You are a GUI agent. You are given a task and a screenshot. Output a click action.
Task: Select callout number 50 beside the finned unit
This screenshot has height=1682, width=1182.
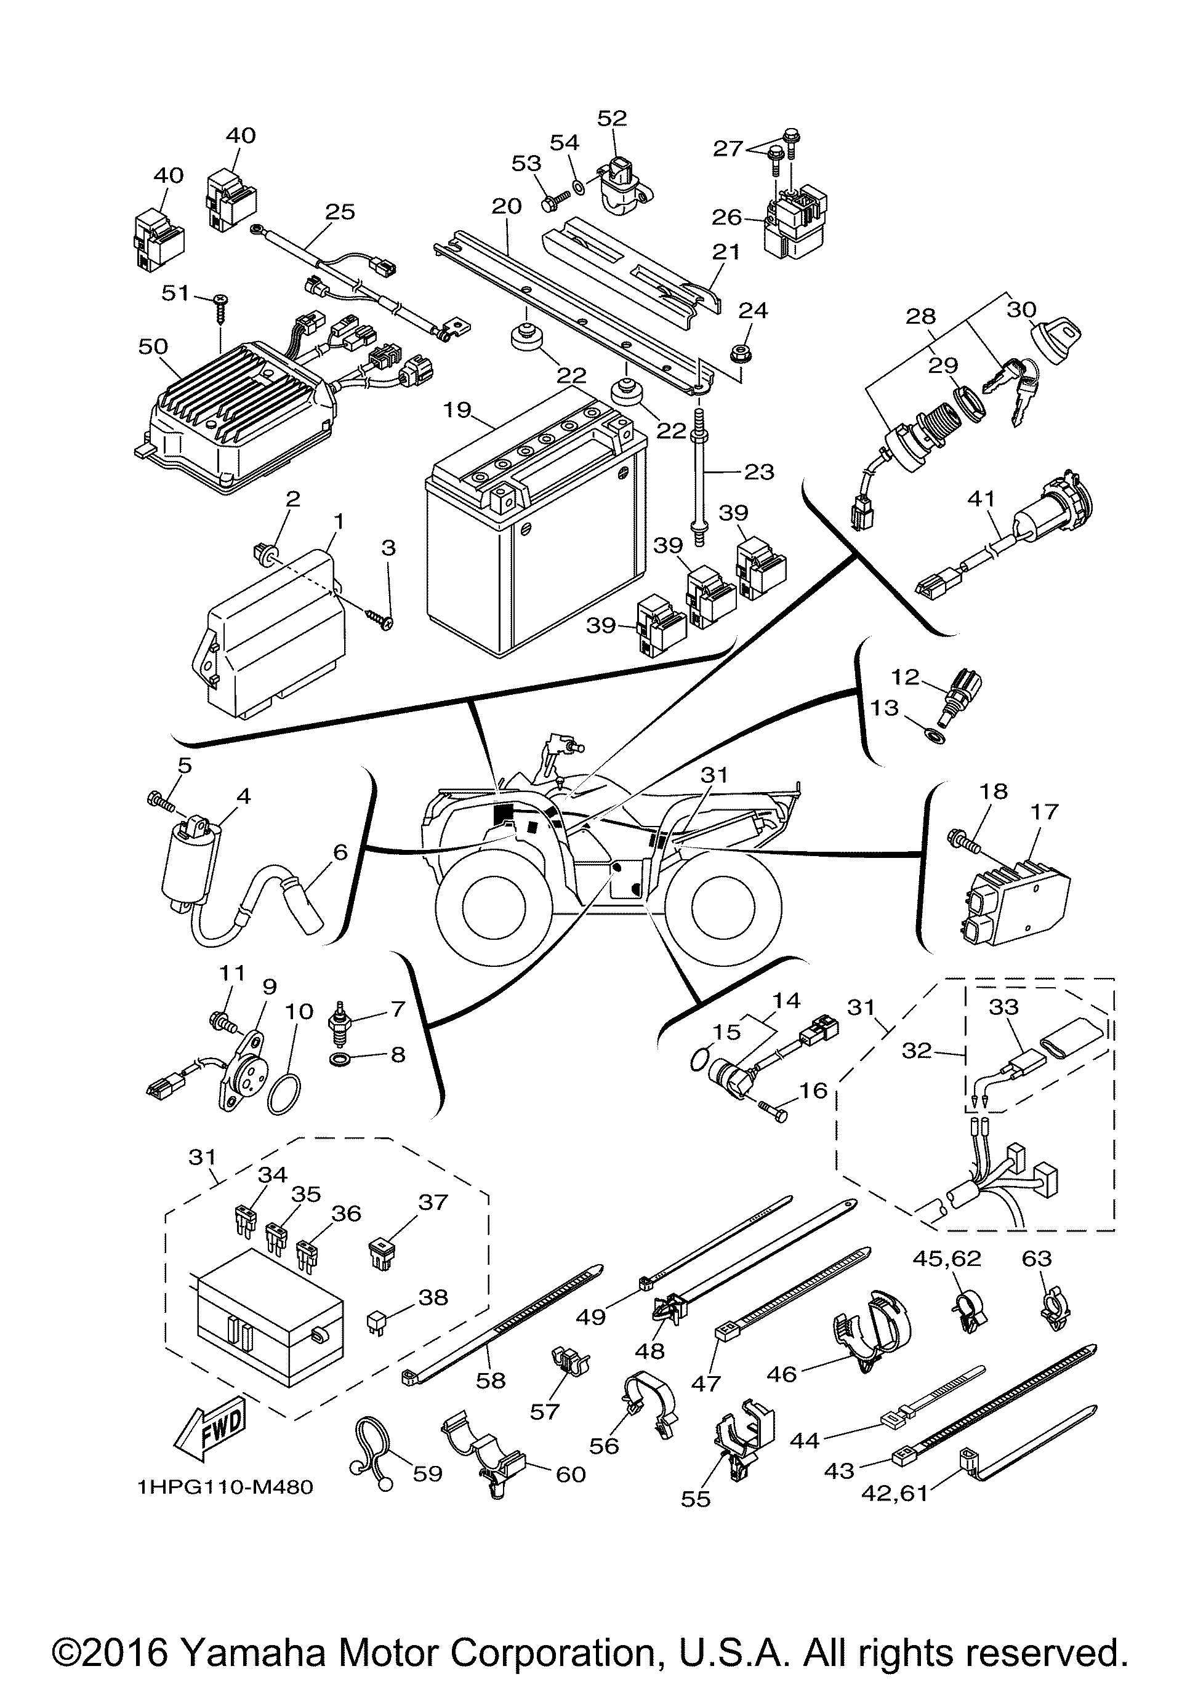(153, 346)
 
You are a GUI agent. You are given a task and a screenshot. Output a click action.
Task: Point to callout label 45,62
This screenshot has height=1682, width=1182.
(946, 1259)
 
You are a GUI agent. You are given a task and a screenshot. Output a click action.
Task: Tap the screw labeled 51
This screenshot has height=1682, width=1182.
(220, 308)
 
